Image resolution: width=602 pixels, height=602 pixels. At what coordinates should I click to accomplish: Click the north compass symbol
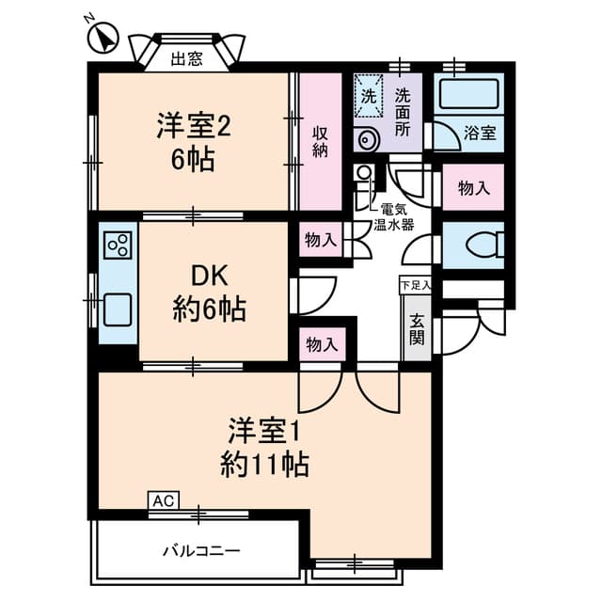[x=102, y=39]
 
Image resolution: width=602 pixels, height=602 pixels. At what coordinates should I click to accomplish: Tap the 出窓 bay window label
[x=186, y=59]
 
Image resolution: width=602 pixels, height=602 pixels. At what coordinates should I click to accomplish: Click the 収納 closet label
[x=320, y=140]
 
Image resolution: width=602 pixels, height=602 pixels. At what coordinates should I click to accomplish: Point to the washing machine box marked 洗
[x=370, y=95]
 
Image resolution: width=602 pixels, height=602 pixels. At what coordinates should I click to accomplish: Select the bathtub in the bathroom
[x=467, y=95]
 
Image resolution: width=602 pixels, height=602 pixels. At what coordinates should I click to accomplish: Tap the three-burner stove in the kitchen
[x=119, y=246]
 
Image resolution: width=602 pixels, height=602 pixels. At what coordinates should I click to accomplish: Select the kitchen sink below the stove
[x=118, y=308]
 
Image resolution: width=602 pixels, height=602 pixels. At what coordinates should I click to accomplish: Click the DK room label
[x=209, y=276]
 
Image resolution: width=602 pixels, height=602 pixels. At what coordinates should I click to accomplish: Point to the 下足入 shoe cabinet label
[x=414, y=284]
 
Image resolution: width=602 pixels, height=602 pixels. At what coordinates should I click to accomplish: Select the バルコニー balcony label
[x=200, y=548]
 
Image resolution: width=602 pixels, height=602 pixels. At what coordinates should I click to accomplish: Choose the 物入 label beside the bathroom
[x=473, y=188]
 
